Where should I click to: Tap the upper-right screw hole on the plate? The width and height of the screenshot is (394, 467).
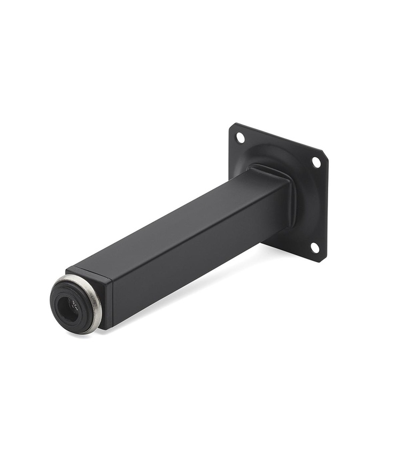click(316, 162)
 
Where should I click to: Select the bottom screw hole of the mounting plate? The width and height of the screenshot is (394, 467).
click(314, 247)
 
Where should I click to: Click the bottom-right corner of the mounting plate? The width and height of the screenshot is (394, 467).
click(322, 259)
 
